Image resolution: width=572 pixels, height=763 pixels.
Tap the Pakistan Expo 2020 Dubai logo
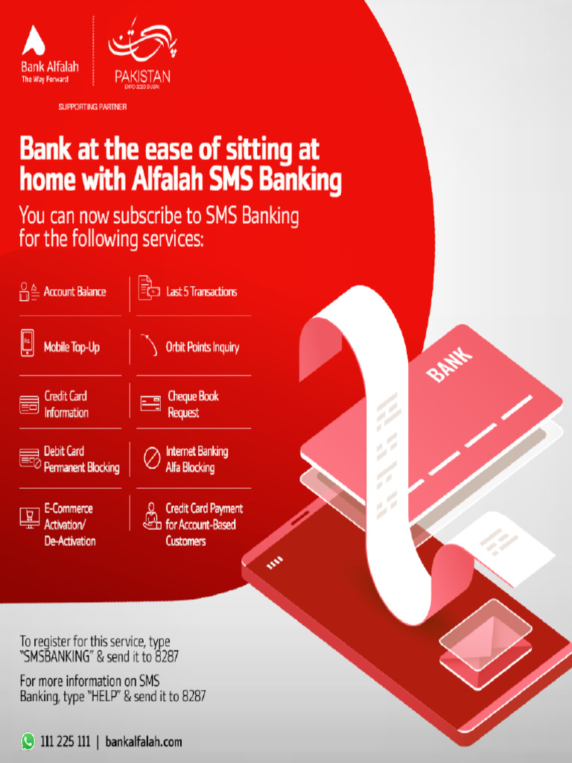pyautogui.click(x=142, y=55)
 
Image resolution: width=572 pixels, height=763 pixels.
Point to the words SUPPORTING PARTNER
pyautogui.click(x=92, y=107)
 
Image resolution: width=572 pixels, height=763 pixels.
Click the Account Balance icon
pyautogui.click(x=29, y=291)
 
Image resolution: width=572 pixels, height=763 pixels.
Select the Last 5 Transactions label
pyautogui.click(x=201, y=291)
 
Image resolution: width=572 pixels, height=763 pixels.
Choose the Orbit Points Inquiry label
pyautogui.click(x=202, y=347)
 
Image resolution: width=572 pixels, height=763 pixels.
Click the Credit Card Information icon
pyautogui.click(x=29, y=405)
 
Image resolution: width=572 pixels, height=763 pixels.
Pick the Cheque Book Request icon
pyautogui.click(x=150, y=404)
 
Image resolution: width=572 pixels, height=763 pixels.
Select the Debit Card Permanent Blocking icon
pyautogui.click(x=29, y=459)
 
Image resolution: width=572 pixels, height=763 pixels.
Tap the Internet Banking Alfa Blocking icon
pyautogui.click(x=151, y=459)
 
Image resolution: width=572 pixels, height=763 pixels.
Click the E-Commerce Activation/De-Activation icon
pyautogui.click(x=29, y=517)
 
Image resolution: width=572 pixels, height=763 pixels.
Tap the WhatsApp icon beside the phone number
pyautogui.click(x=28, y=741)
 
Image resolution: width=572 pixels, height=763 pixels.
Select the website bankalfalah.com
pyautogui.click(x=144, y=741)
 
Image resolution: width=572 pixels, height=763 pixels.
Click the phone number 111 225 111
pyautogui.click(x=66, y=741)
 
